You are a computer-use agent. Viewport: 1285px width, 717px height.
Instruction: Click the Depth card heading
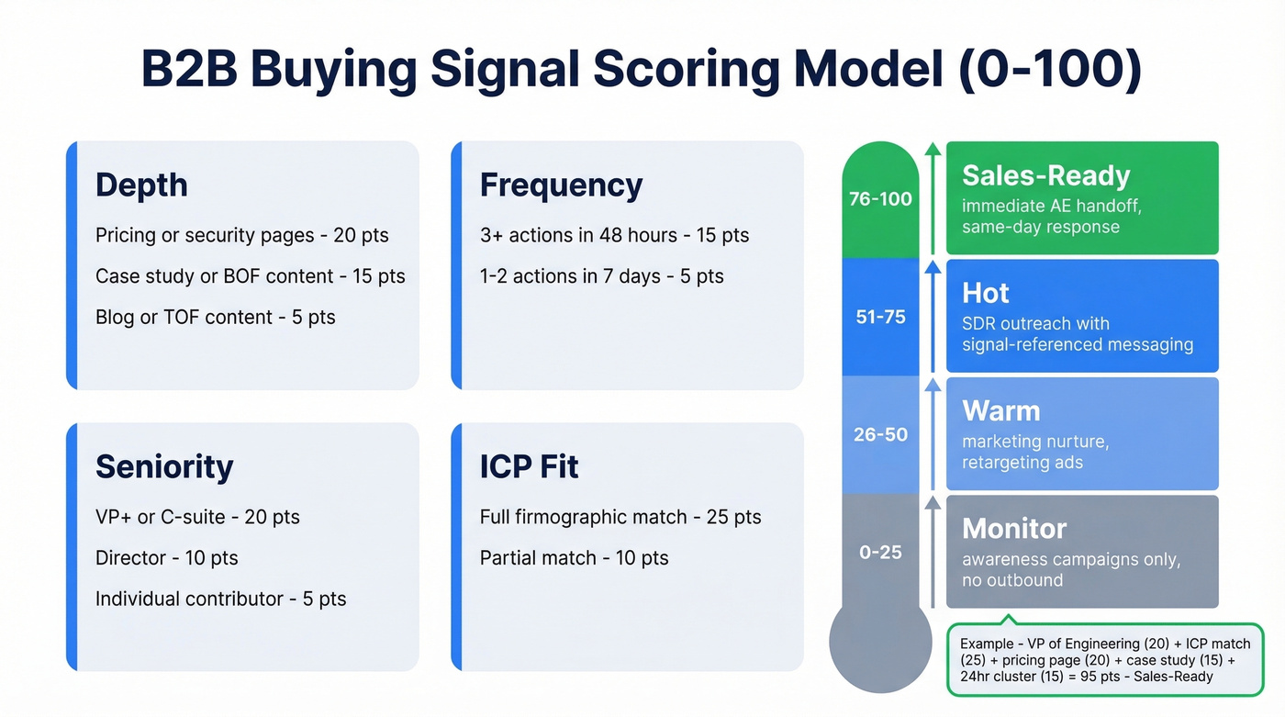[141, 185]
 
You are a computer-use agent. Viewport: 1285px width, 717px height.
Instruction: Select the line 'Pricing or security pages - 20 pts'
[241, 235]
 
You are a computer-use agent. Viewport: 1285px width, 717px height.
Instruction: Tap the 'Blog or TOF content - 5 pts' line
[215, 317]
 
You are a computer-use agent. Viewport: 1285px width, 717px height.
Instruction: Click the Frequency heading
[561, 185]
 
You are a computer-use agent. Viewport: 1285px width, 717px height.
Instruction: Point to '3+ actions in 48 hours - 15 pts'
[614, 235]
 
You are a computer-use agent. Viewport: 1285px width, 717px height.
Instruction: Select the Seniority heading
[164, 466]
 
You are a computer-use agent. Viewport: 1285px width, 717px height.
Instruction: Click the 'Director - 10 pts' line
[166, 557]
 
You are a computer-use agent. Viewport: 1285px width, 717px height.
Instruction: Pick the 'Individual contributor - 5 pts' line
[220, 599]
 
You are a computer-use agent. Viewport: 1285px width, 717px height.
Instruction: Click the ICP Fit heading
[529, 466]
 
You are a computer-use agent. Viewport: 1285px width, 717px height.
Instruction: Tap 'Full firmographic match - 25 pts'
[620, 517]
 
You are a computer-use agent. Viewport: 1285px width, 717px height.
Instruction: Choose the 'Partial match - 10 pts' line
[574, 557]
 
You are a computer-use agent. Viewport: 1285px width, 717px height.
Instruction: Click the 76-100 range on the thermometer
[880, 199]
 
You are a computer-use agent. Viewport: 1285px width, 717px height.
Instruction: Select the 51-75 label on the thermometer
[880, 317]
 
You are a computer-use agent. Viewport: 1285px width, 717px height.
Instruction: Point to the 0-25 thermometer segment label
[880, 552]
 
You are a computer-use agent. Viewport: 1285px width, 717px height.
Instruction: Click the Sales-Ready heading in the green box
[1045, 175]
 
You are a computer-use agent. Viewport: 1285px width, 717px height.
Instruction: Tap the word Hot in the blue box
[985, 293]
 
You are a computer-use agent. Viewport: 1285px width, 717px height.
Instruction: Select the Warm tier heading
[1000, 410]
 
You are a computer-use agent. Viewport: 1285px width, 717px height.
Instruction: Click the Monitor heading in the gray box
[1014, 528]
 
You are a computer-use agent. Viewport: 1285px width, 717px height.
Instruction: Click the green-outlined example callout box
[1104, 660]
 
